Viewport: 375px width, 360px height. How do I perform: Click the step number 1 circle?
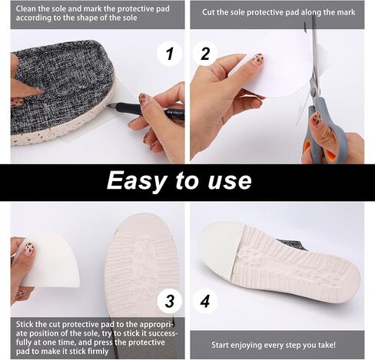coord(170,54)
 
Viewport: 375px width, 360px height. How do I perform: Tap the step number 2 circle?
coord(205,54)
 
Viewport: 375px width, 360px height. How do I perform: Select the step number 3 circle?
coord(170,301)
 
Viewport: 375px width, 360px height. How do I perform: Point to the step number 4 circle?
coord(205,301)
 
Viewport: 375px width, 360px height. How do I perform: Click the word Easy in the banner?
coord(136,181)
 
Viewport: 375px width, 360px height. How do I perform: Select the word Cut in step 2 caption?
coord(208,12)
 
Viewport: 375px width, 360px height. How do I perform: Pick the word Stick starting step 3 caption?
coord(25,325)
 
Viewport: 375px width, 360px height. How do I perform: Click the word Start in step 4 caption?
coord(221,345)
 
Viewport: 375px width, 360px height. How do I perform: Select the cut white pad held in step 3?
coord(51,259)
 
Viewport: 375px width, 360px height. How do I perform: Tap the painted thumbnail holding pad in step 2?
coord(257,61)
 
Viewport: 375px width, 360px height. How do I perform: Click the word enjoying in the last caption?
coord(246,345)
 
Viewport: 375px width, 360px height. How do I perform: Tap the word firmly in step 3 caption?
coord(98,352)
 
